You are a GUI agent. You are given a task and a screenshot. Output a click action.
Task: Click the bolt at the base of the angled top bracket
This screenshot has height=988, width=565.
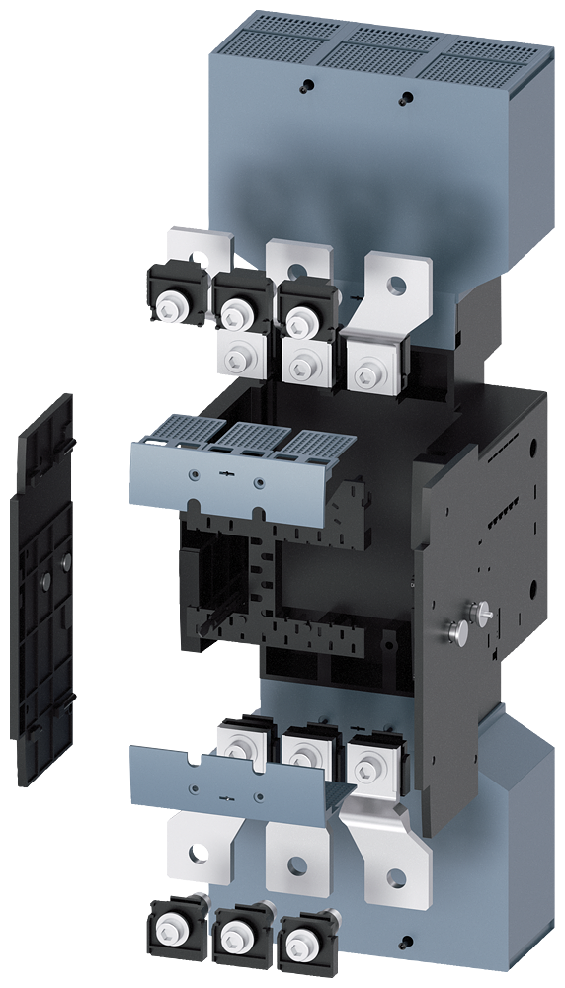click(367, 375)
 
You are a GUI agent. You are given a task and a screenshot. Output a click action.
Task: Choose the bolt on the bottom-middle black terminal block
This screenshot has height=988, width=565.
click(233, 935)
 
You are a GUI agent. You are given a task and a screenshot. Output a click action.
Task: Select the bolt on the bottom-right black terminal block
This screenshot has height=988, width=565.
click(296, 941)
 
